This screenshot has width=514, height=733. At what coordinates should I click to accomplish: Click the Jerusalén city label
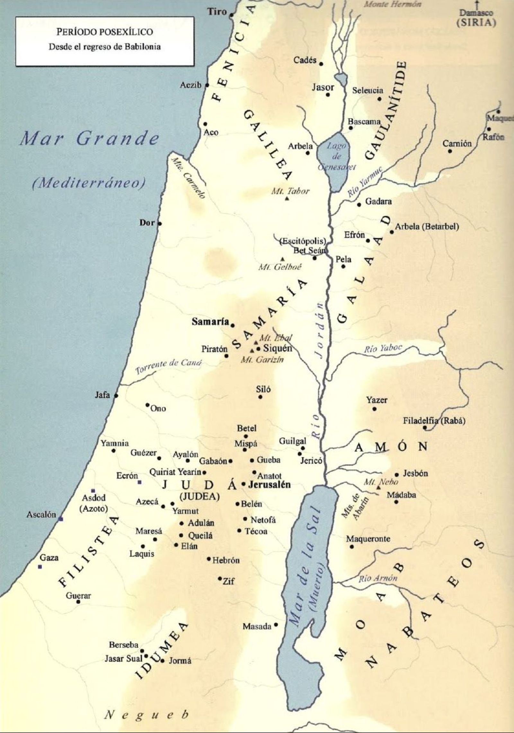tap(269, 484)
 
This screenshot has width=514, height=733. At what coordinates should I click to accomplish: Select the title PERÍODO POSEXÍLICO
tap(105, 32)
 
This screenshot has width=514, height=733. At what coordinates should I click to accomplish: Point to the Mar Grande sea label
tap(89, 139)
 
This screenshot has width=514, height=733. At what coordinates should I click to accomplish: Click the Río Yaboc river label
tap(383, 349)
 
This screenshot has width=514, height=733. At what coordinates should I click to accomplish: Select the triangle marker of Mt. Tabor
tap(287, 199)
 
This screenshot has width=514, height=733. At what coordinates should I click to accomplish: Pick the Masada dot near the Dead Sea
tap(276, 625)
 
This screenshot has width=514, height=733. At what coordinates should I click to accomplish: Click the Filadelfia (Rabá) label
tap(434, 421)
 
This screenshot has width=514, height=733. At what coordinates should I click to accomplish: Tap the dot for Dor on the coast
tap(160, 224)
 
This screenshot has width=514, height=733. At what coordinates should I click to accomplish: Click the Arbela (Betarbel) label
tap(427, 226)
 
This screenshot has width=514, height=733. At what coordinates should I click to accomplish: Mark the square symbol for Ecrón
tap(139, 482)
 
